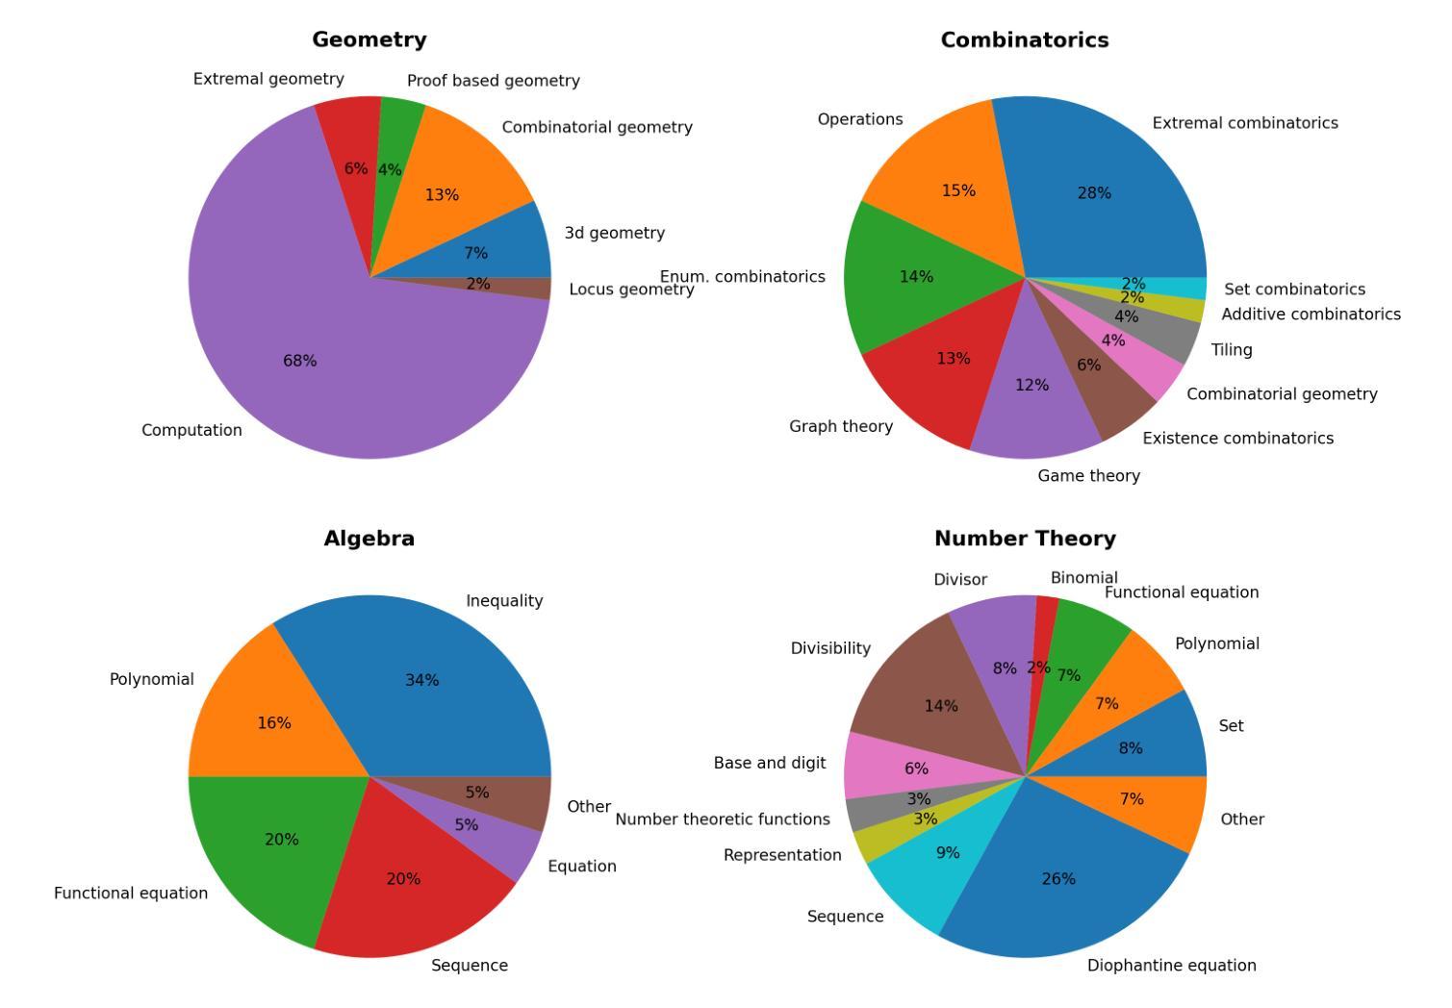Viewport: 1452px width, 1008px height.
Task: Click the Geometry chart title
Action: (x=369, y=39)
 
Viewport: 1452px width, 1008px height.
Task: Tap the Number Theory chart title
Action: (x=1025, y=539)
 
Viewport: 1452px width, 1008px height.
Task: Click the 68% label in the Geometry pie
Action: (x=299, y=361)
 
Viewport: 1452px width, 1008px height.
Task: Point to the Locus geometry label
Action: (x=631, y=290)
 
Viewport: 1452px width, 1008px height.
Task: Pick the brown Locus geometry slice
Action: (x=520, y=287)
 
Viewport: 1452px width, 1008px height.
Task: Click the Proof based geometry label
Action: (x=493, y=81)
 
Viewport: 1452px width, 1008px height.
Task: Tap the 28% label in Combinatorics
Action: (x=1094, y=193)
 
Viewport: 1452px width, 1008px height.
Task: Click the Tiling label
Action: (x=1232, y=350)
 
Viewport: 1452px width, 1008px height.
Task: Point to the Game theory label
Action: (x=1088, y=476)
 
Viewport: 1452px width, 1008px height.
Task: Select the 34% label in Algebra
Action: (x=421, y=680)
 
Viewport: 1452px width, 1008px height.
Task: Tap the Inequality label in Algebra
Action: (x=504, y=601)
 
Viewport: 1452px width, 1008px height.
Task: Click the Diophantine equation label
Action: (x=1171, y=966)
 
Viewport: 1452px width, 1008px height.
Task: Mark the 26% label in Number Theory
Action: (x=1058, y=879)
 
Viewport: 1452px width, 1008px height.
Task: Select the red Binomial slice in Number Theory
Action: (x=1043, y=635)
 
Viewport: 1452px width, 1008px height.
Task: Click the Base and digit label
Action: (x=769, y=763)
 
